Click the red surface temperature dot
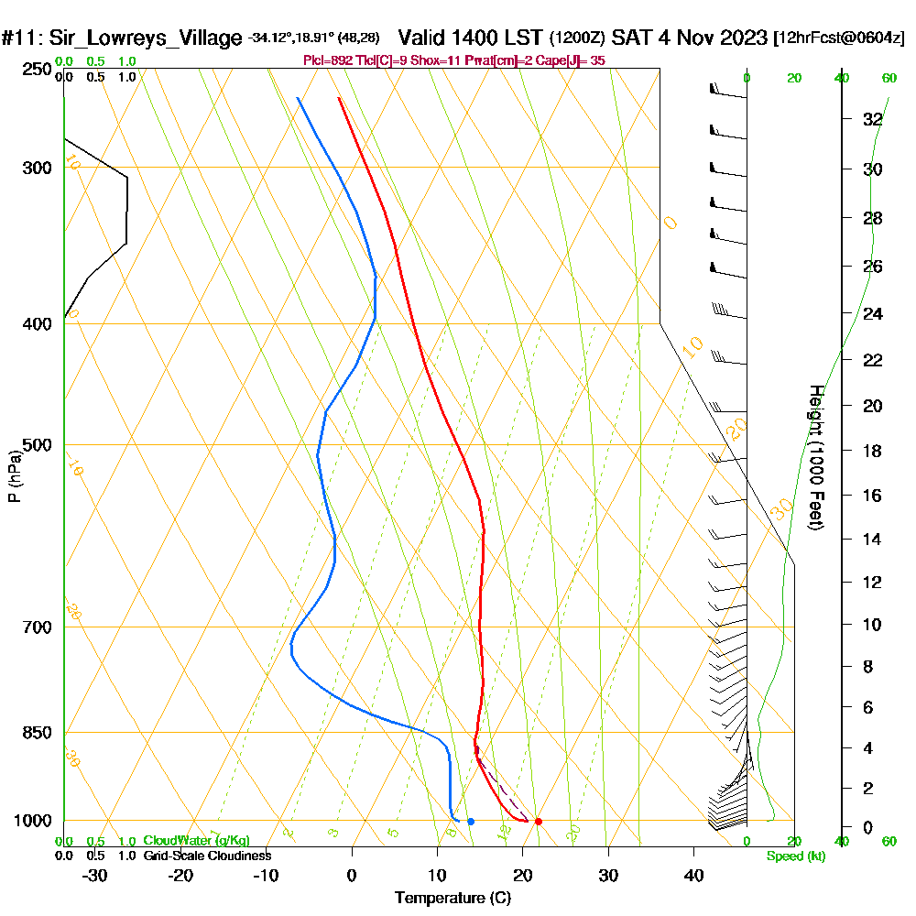538,821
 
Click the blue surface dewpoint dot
470,821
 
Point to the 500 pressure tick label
34,445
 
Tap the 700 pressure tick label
34,627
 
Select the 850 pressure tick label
34,733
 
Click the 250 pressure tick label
34,70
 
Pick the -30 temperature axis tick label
95,875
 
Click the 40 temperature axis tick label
693,875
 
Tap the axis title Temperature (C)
453,899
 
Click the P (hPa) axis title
14,476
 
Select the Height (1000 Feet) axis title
815,457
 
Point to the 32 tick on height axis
872,119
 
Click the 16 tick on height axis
872,496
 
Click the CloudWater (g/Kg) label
196,841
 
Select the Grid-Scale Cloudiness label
207,856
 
